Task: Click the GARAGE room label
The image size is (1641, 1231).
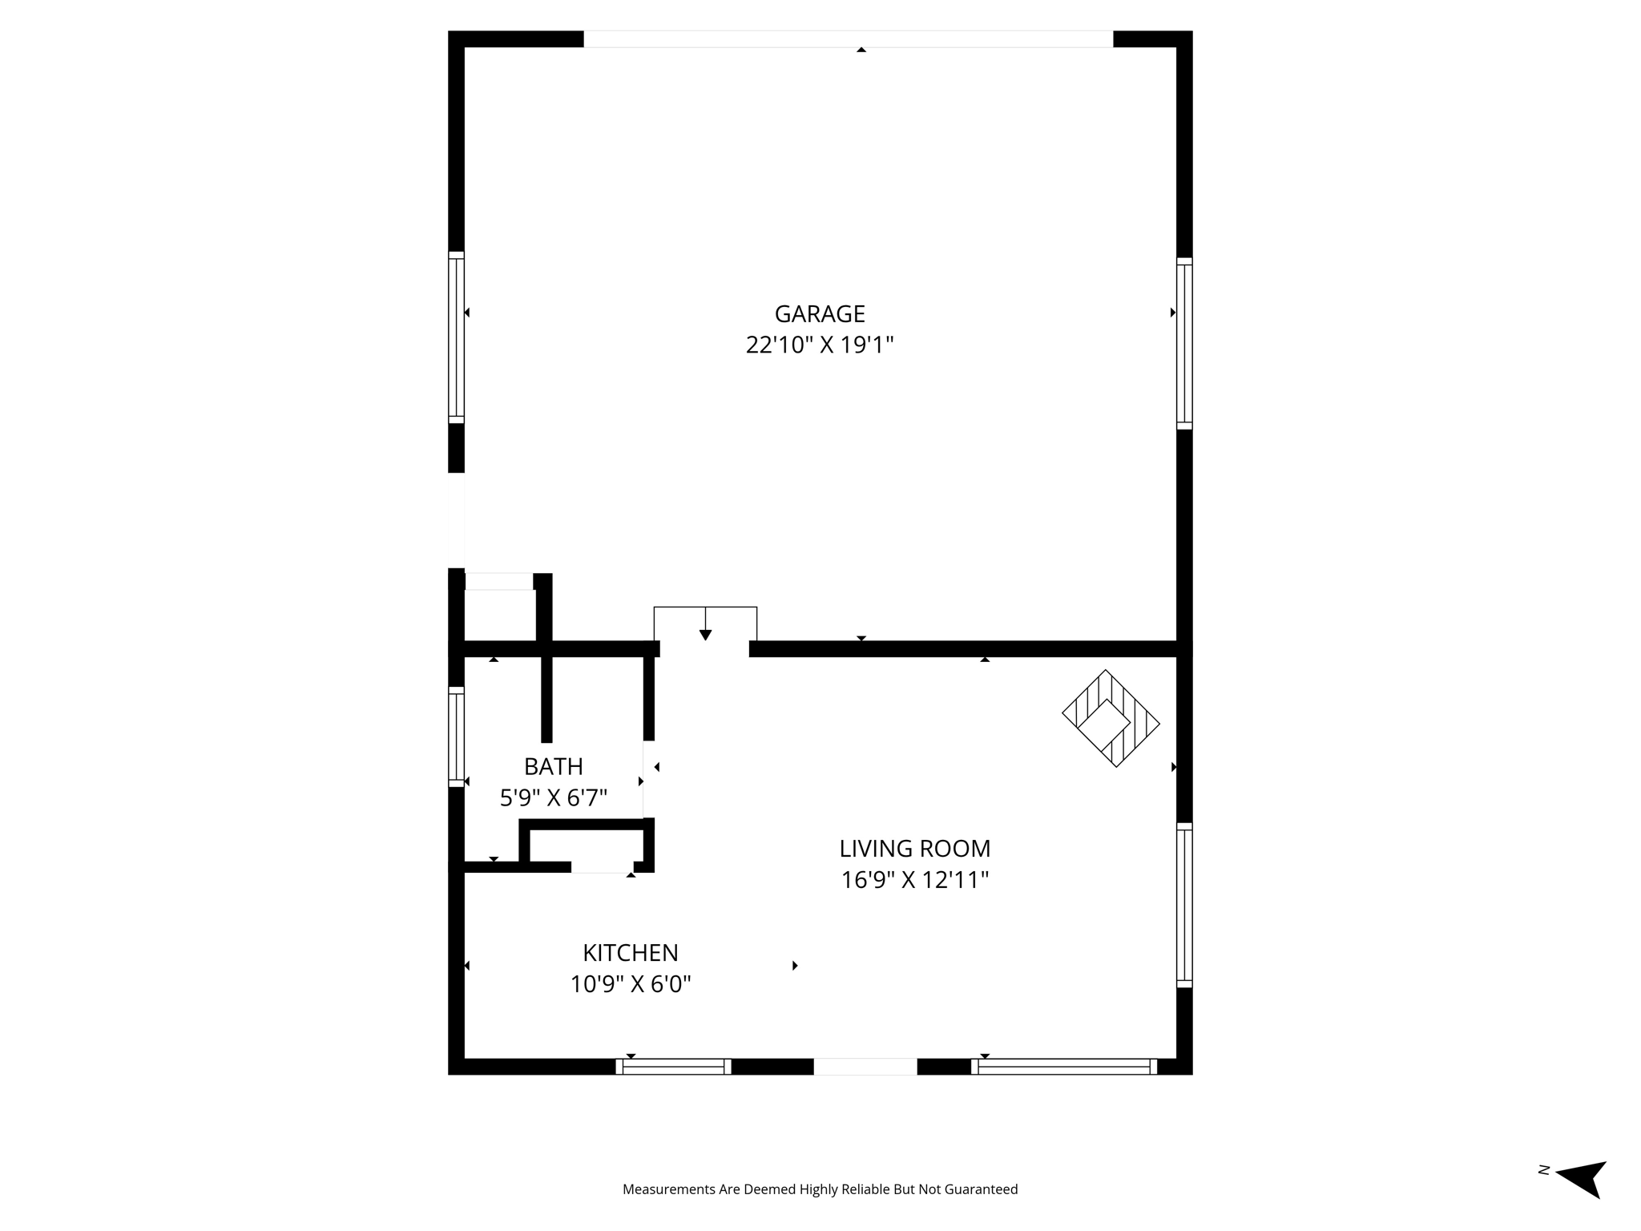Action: pos(820,313)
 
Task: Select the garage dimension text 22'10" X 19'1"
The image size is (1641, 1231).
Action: pos(820,345)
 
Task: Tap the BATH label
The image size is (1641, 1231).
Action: pos(553,767)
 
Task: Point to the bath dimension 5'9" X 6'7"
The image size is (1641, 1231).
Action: pos(553,798)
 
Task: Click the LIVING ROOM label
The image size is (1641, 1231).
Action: pos(914,849)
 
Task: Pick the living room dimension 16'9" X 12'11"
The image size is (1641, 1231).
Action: pos(914,881)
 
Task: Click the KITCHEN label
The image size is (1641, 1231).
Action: pos(630,953)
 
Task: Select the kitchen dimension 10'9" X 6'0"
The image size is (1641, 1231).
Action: pos(630,984)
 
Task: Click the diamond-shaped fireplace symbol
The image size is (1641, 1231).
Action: pos(1111,718)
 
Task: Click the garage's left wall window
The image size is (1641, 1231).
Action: pos(456,337)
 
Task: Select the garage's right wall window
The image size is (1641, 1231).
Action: pos(1184,343)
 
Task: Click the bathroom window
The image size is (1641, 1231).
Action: pos(456,737)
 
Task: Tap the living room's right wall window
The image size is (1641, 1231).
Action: pos(1184,905)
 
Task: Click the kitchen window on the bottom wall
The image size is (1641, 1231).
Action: pos(673,1067)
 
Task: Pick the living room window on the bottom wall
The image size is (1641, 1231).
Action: pos(1064,1067)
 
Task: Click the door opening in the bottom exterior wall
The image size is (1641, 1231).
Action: pos(865,1067)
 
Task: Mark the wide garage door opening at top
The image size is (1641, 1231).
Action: pos(848,39)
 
